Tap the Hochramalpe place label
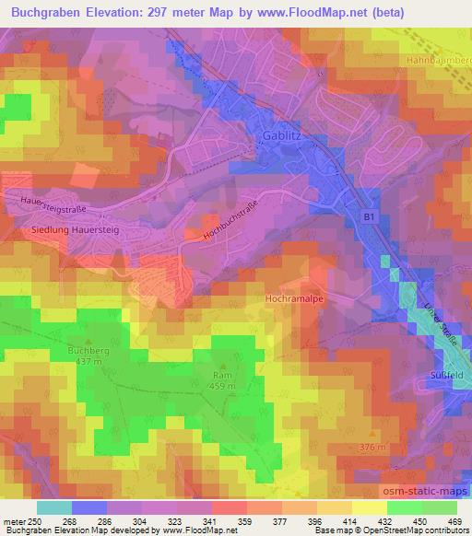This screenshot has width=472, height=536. click(293, 299)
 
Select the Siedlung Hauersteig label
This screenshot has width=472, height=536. click(70, 230)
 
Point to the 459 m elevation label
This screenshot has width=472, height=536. click(222, 385)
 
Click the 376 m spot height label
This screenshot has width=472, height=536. click(372, 447)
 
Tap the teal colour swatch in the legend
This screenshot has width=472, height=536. click(54, 507)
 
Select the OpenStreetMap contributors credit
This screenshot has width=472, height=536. click(414, 530)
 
